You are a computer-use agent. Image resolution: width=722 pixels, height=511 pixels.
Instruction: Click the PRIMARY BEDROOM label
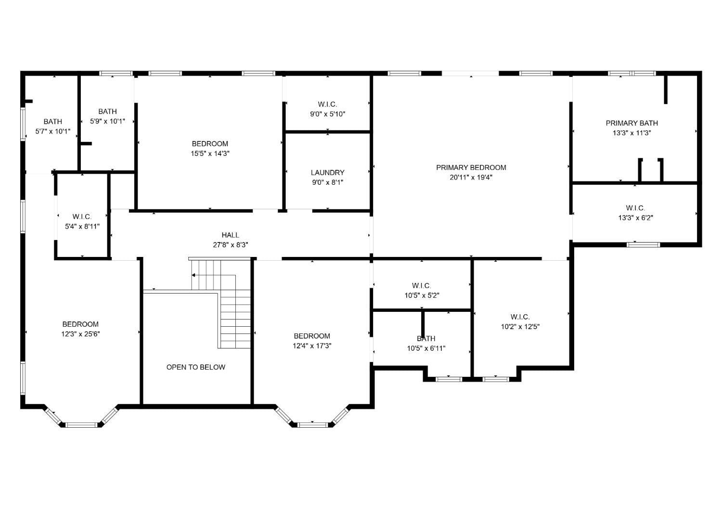tap(471, 167)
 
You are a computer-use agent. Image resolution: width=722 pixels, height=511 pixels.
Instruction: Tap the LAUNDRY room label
tap(327, 172)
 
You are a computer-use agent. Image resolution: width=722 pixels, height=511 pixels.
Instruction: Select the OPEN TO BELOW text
tap(195, 367)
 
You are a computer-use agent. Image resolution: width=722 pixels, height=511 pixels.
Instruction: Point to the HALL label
tap(230, 235)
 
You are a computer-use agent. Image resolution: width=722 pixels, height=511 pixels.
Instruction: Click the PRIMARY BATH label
tap(632, 123)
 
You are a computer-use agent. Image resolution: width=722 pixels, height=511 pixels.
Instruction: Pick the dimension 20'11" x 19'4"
tap(471, 177)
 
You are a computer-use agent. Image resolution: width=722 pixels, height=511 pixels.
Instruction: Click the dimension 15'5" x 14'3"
tap(210, 153)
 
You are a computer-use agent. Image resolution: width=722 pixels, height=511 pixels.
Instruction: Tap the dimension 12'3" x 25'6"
tap(80, 334)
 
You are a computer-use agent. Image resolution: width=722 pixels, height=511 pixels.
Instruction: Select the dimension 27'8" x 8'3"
tap(230, 244)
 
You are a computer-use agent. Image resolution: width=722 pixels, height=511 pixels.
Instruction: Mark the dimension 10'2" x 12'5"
tap(520, 327)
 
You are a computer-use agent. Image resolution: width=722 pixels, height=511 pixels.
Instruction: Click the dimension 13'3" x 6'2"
tap(635, 217)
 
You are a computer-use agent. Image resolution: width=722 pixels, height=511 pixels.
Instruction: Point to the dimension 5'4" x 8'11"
tap(82, 226)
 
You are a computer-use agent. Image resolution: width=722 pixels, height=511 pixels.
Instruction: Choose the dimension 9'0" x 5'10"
tap(327, 114)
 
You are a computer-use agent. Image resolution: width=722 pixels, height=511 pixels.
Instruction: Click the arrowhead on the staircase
tap(193, 275)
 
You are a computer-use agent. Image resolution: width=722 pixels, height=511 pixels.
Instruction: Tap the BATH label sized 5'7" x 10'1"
tap(52, 121)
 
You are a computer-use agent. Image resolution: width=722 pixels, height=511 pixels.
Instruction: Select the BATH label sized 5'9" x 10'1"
tap(107, 111)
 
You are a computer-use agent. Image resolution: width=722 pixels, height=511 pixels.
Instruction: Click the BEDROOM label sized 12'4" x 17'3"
tap(312, 336)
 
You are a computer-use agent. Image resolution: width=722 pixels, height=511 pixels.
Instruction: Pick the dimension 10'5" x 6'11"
tap(426, 348)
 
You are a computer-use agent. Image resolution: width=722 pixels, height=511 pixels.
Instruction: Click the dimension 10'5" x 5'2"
tap(422, 295)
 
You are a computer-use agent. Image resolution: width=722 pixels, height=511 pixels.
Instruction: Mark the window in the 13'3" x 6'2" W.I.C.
tap(644, 244)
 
